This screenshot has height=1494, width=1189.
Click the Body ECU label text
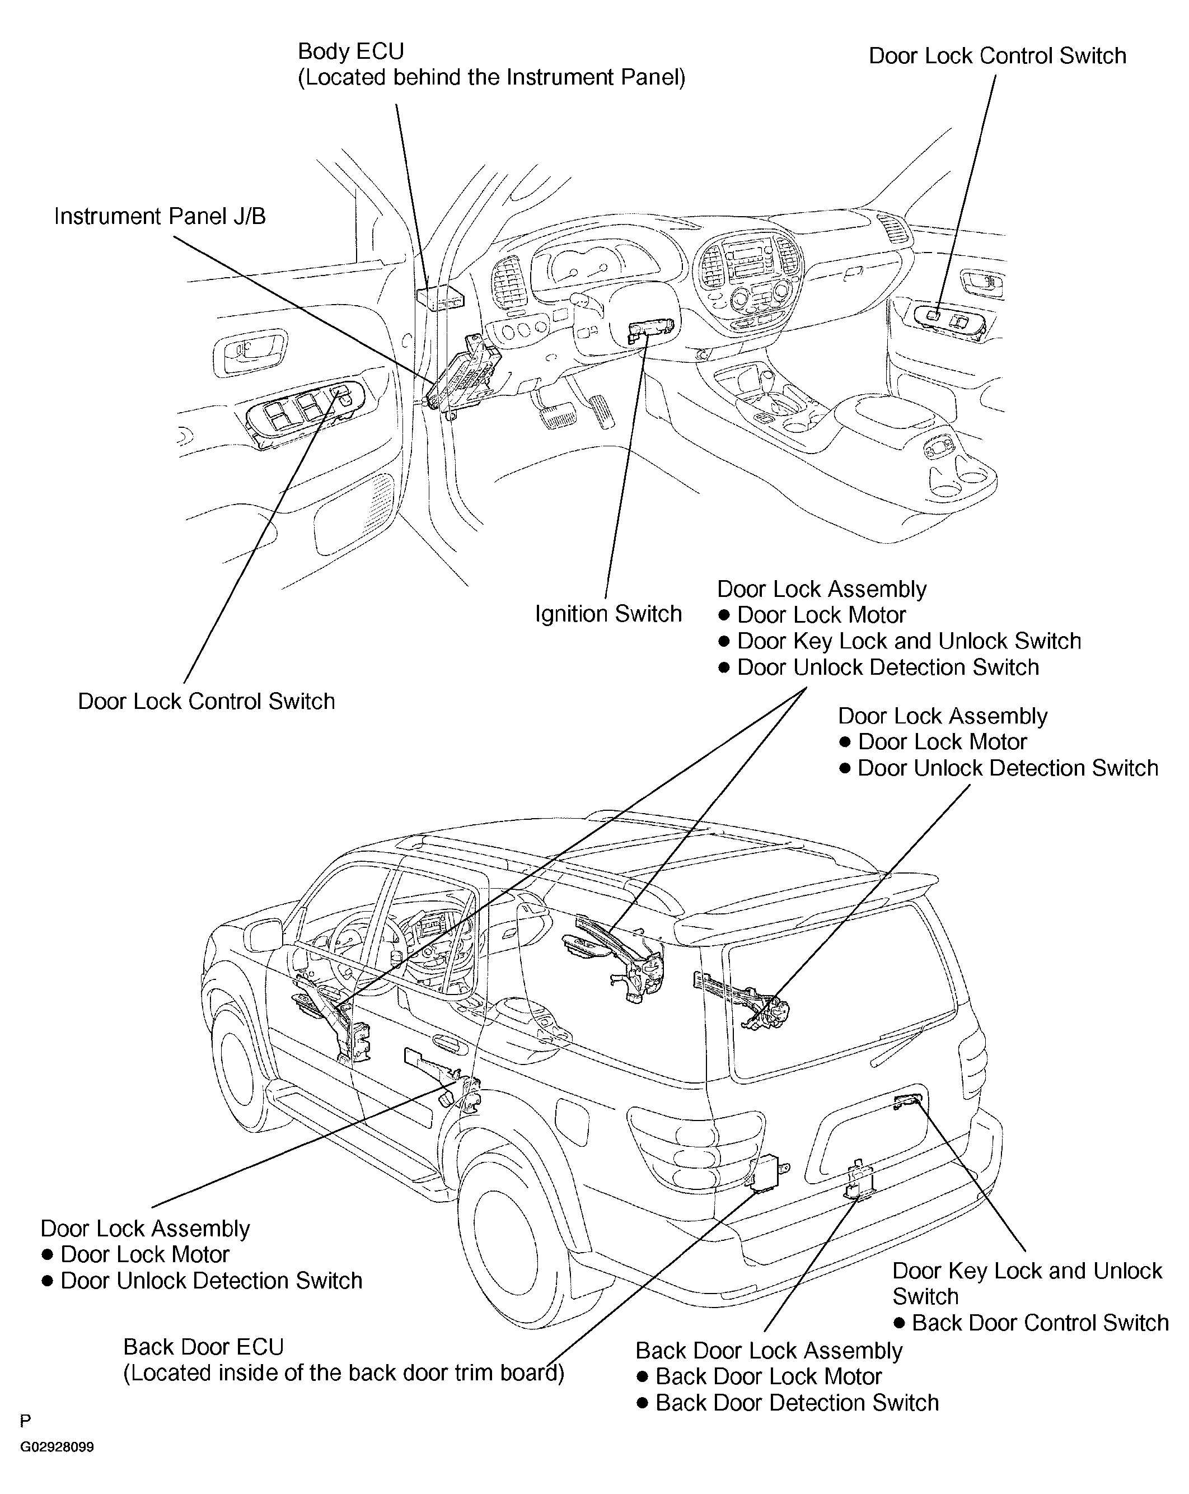coord(350,52)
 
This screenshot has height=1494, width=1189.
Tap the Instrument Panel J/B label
coord(160,216)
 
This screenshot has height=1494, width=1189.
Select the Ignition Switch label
coord(608,614)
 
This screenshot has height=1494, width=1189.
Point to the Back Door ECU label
coord(204,1346)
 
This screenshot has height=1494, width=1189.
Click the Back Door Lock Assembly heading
coord(769,1351)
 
